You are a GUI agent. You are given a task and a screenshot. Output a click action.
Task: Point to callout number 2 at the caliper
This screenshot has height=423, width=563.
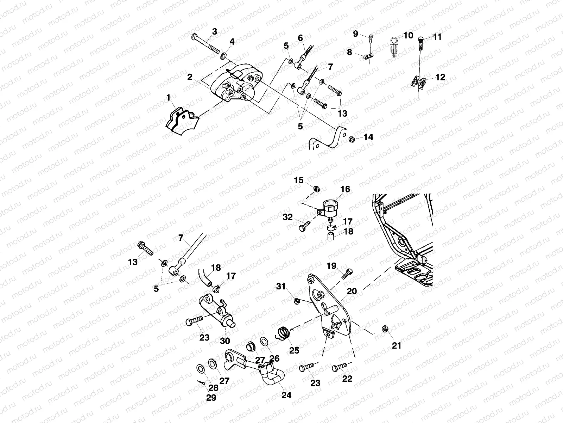190,77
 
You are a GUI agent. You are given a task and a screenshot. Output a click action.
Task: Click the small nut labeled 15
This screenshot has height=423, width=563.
316,189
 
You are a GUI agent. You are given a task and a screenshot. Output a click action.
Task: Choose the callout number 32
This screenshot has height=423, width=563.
288,217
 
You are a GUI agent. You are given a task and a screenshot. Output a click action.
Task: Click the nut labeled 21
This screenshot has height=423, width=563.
385,329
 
